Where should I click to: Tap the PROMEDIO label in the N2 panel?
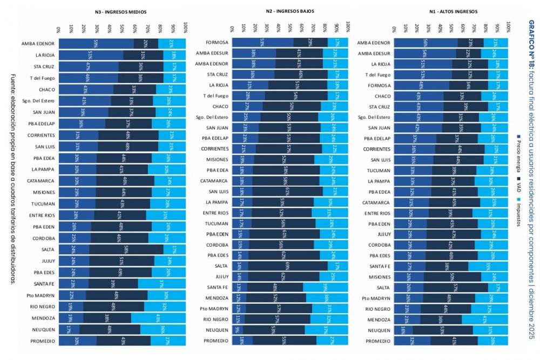point(216,341)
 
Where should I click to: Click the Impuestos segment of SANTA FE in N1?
point(489,266)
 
